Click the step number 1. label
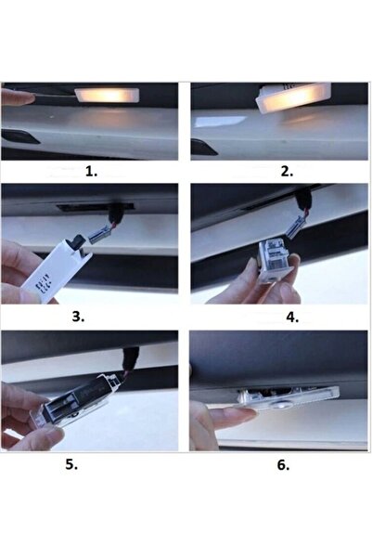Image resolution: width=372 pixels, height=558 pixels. (x=90, y=172)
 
